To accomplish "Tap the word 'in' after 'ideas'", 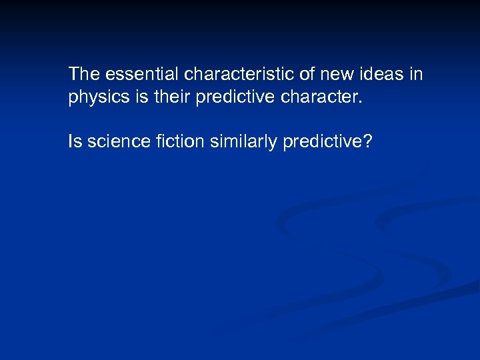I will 417,73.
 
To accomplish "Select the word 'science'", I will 115,141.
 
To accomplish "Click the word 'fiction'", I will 173,141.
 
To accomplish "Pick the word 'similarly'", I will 239,141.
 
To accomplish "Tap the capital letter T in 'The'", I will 74,73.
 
